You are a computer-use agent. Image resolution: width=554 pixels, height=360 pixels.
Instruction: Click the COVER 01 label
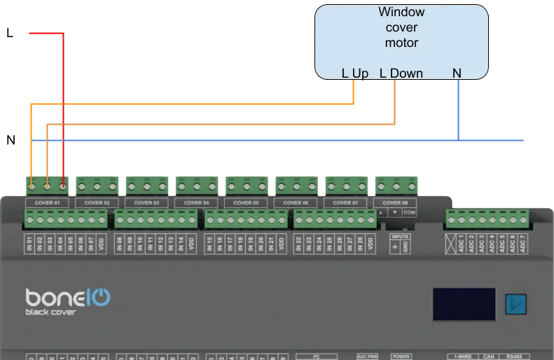(47, 202)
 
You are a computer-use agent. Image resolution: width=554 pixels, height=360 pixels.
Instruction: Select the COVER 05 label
(246, 202)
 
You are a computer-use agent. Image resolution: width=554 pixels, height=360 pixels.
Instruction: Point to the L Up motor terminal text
(355, 74)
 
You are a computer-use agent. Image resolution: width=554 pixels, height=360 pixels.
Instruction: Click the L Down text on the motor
(401, 74)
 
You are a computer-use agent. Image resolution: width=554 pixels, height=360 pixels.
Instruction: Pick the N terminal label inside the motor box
(457, 73)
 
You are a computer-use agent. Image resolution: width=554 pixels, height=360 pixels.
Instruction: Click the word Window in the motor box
(401, 12)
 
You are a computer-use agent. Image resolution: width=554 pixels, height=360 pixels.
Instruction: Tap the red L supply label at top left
(10, 32)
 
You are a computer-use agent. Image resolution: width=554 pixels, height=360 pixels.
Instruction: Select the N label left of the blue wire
(11, 140)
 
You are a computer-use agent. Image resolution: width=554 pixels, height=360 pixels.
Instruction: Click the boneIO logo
(67, 297)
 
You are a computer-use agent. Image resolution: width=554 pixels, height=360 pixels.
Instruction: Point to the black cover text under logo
(50, 312)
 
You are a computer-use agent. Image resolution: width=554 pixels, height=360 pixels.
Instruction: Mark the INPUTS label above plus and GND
(400, 237)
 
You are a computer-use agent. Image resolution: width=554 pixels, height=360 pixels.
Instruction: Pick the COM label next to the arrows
(410, 212)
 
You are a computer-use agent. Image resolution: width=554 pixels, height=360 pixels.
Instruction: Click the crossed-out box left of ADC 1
(451, 243)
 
